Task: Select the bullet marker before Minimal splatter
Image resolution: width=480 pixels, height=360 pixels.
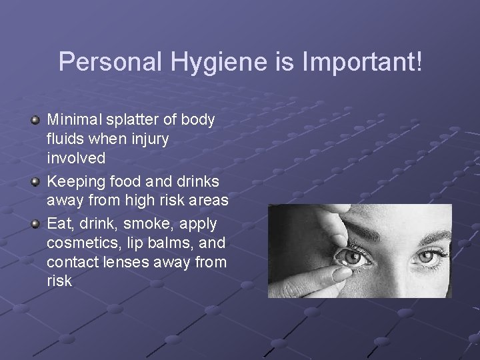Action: click(x=35, y=120)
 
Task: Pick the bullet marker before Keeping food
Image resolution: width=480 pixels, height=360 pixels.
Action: click(x=35, y=181)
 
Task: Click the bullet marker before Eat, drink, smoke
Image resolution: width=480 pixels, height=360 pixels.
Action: click(x=35, y=222)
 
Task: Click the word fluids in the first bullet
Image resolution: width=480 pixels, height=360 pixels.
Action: click(x=63, y=140)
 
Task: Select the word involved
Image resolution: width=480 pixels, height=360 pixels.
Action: click(x=76, y=159)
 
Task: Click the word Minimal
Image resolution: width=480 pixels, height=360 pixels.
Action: click(x=72, y=120)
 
